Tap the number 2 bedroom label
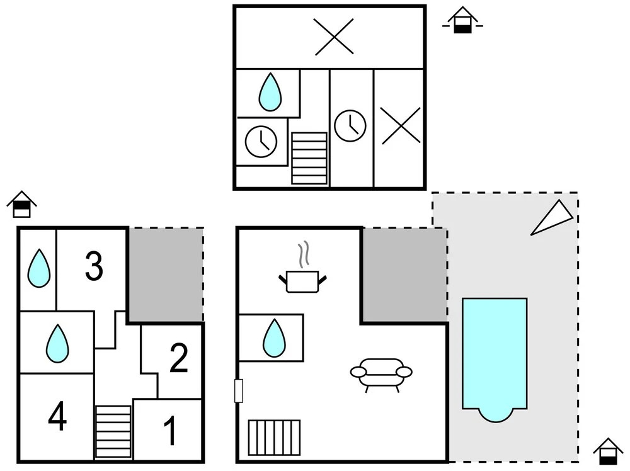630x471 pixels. pos(179,358)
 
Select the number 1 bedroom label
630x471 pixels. pos(170,431)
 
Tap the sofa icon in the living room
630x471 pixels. pos(381,374)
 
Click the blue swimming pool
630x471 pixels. pos(495,360)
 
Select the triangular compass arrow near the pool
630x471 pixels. pos(553,217)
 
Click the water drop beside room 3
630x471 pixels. pos(39,268)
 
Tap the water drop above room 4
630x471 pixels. pos(57,343)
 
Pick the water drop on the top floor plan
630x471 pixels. pos(270,92)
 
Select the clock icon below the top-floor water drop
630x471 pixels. pos(261,141)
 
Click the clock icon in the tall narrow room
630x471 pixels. pos(350,126)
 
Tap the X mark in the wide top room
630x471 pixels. pos(334,37)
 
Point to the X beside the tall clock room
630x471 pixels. pos(401,125)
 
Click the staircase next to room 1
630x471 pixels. pos(113,432)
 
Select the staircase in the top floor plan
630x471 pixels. pos(309,158)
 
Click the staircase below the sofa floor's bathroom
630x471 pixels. pos(275,437)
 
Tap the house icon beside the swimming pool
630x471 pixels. pos(609,451)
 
